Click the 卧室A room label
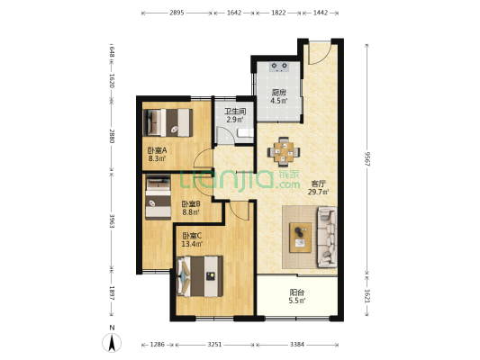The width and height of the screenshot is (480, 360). (x=157, y=150)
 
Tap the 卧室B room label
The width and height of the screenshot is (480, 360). (x=191, y=203)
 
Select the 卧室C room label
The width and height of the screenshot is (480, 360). (x=192, y=236)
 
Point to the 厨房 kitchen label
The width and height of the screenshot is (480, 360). (x=278, y=93)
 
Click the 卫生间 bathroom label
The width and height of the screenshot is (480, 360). (x=235, y=112)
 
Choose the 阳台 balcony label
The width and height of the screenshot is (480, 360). (x=297, y=292)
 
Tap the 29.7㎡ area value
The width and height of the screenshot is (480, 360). (x=319, y=192)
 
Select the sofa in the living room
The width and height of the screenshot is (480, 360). (x=327, y=237)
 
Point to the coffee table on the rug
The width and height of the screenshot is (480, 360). (x=300, y=238)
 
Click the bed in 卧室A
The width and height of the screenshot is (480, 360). (x=168, y=122)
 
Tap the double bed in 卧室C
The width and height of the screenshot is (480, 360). (x=200, y=276)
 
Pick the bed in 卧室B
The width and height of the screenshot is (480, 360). (x=158, y=197)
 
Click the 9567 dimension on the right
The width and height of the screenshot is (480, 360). (x=367, y=159)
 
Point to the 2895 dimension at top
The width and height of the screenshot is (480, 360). (x=177, y=13)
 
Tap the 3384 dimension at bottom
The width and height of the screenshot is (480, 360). (x=297, y=345)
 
